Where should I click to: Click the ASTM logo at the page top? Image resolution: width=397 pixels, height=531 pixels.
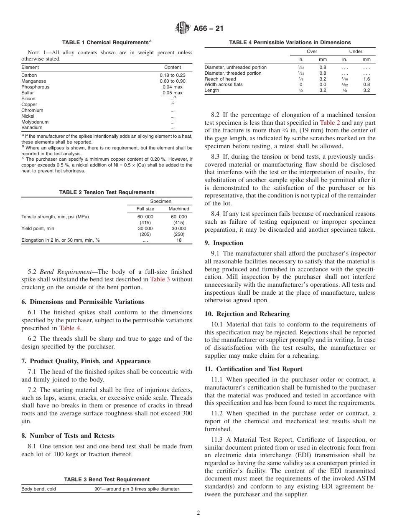[183, 28]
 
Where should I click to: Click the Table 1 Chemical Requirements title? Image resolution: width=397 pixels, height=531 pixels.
[107, 43]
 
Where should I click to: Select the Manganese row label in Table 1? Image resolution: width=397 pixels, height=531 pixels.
[34, 81]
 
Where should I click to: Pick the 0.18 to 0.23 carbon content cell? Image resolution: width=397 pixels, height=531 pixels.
[173, 75]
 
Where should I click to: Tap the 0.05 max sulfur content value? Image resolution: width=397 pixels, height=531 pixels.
[173, 93]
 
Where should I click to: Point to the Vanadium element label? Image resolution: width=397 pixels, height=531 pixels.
[32, 128]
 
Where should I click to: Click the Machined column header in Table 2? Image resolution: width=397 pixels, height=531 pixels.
[179, 209]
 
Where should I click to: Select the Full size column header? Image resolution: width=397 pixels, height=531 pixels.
[145, 209]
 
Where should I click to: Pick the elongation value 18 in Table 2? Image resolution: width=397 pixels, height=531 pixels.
[179, 240]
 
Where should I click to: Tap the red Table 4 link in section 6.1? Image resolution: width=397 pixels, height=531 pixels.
[70, 328]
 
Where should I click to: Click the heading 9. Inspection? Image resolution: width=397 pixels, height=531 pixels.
[224, 243]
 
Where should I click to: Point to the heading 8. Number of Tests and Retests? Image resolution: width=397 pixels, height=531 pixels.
[68, 436]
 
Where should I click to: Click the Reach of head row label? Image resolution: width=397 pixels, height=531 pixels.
[220, 79]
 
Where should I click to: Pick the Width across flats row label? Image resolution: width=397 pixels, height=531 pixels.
[224, 84]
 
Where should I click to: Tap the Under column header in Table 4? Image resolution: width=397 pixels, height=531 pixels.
[356, 51]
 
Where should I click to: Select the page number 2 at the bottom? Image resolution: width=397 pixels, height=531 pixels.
[198, 513]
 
